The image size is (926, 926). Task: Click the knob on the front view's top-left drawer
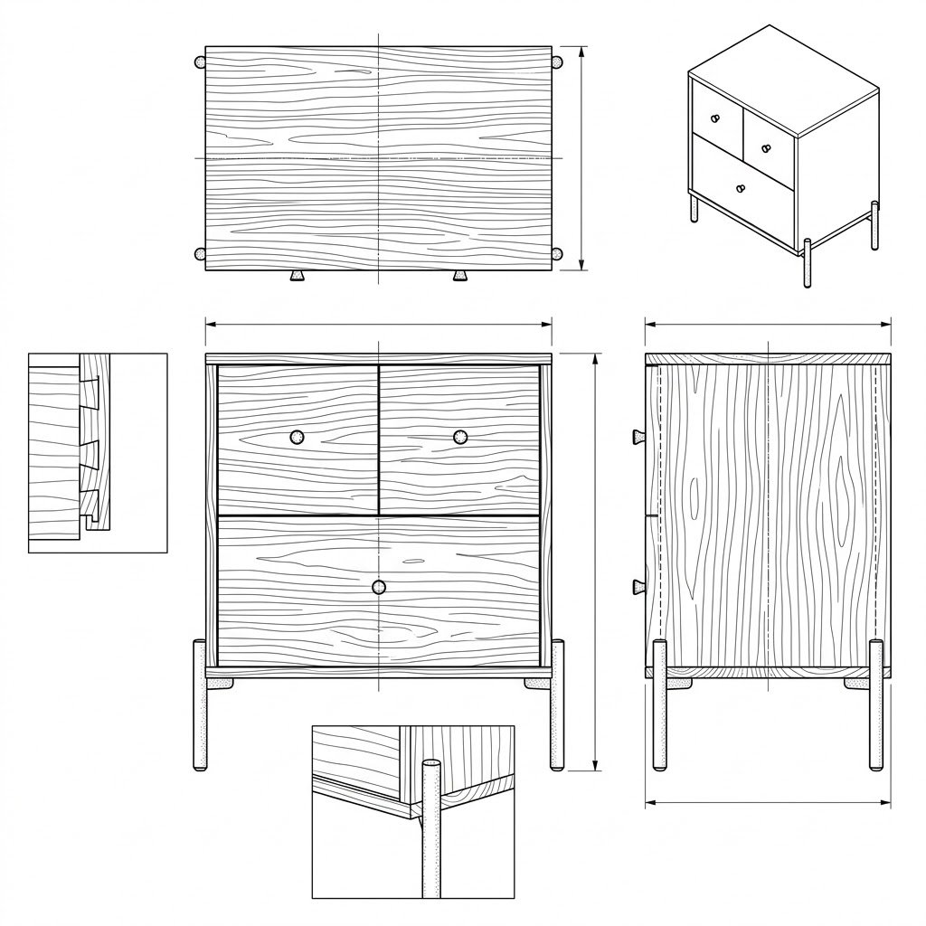point(298,438)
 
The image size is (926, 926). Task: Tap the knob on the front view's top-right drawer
point(460,438)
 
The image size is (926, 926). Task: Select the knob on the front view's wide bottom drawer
point(379,587)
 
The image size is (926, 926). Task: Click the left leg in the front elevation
point(200,705)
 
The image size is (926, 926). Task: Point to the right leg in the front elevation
point(557,705)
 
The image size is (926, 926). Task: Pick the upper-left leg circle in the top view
point(200,62)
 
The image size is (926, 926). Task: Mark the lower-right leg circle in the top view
point(557,254)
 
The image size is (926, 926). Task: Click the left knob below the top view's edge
point(297,276)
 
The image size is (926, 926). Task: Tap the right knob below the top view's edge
point(460,276)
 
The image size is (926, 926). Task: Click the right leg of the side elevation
point(875,705)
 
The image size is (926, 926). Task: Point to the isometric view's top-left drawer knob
point(714,118)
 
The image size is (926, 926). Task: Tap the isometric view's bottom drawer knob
point(741,188)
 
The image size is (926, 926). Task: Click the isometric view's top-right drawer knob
point(765,147)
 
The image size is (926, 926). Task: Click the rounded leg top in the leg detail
point(431,767)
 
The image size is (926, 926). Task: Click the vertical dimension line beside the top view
point(581,158)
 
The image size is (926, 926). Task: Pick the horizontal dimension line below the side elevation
point(768,801)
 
